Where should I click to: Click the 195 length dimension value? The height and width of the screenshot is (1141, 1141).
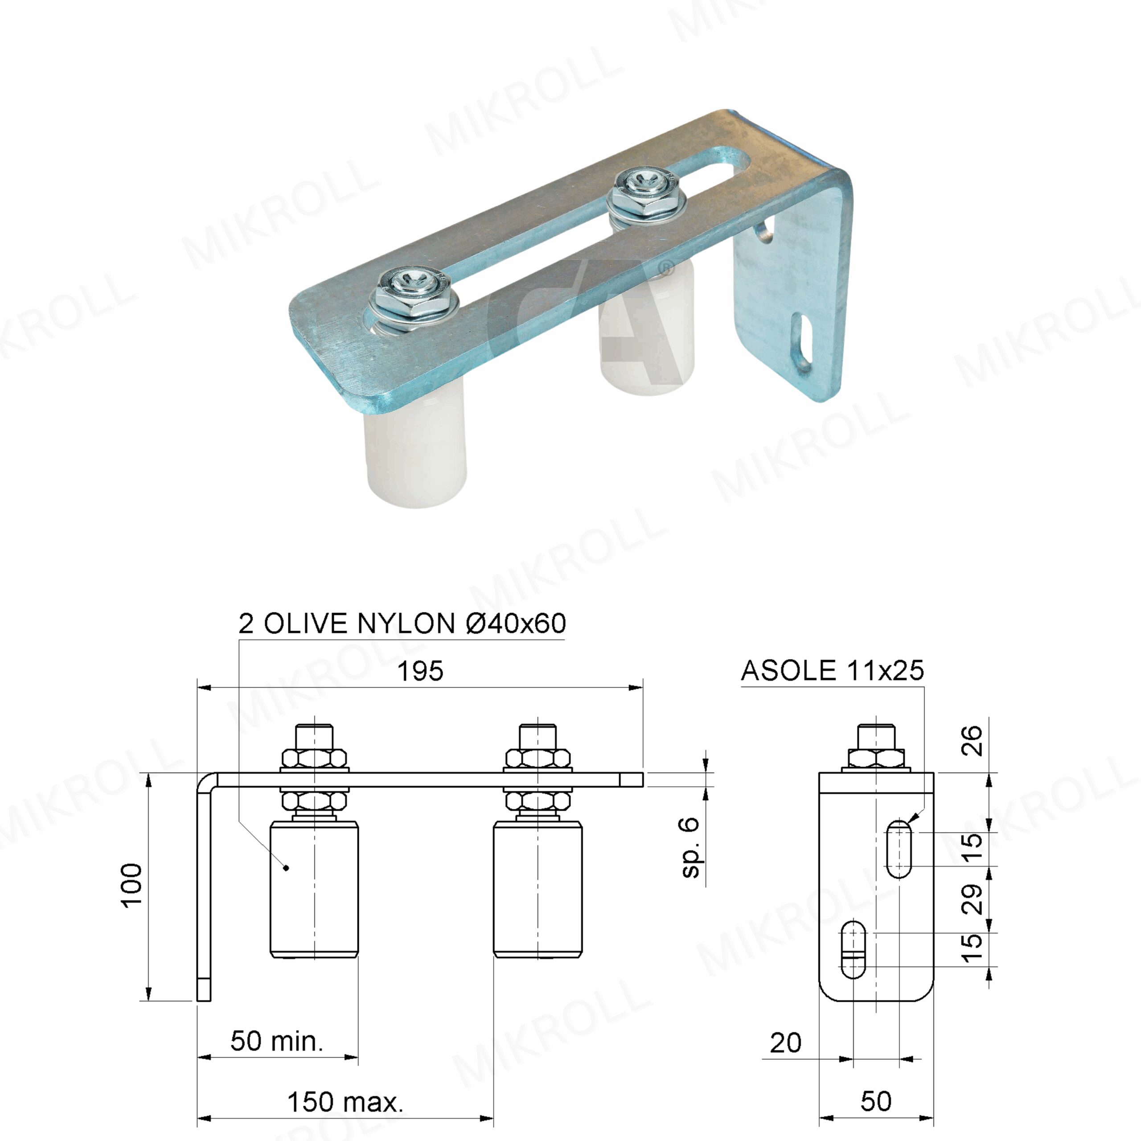[x=420, y=672]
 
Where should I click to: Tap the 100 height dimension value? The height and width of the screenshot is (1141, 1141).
[x=131, y=885]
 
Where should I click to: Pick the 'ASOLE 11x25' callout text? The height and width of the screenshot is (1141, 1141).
[x=832, y=670]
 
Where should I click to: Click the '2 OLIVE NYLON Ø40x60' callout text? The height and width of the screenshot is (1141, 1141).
[x=402, y=624]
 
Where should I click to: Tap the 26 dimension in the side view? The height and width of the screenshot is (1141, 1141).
[x=972, y=741]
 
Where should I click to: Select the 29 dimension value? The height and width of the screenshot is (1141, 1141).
[x=972, y=899]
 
